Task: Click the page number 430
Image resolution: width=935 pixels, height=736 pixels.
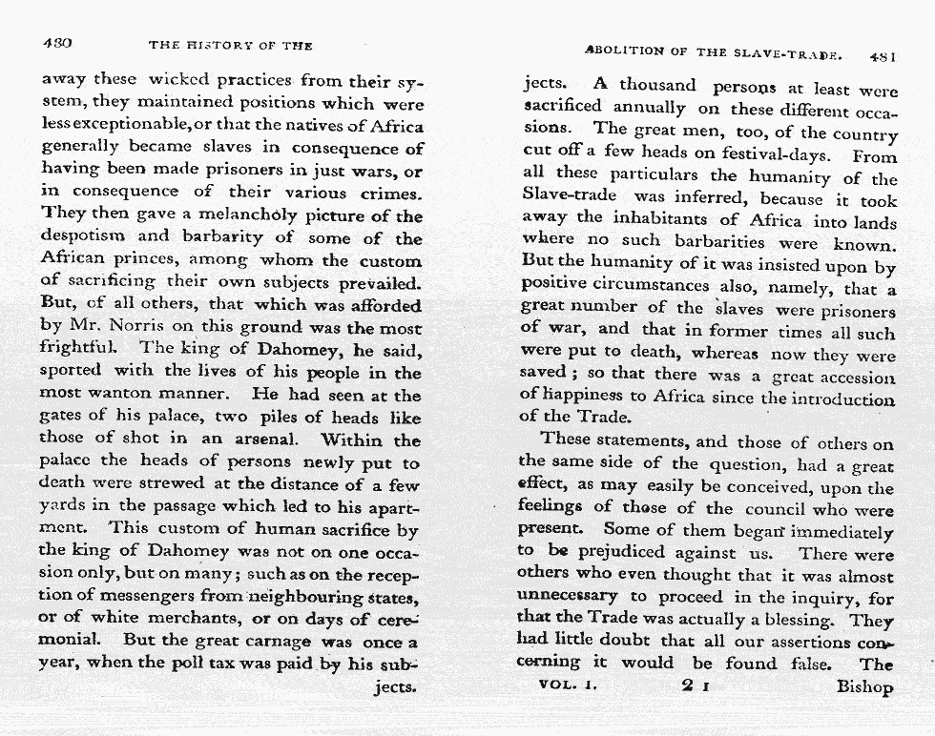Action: tap(58, 44)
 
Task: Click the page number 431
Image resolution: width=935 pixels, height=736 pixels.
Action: tap(882, 56)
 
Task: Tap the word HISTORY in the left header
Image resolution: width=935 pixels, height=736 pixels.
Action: tap(220, 45)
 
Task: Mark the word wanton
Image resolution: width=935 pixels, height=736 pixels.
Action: tap(129, 394)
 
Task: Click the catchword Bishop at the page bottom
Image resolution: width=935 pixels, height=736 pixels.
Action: tap(865, 686)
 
